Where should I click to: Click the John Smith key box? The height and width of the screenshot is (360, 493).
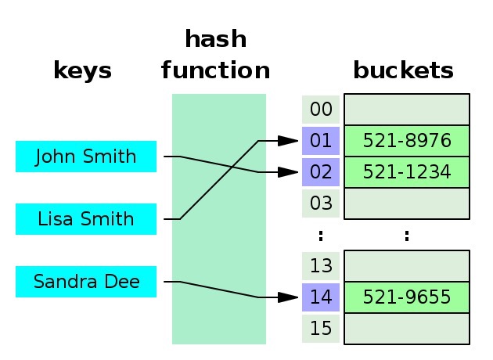(x=86, y=157)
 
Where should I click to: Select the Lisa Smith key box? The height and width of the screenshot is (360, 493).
(x=86, y=219)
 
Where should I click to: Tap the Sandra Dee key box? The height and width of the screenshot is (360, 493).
(x=86, y=282)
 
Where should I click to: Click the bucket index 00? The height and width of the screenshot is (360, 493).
(x=321, y=110)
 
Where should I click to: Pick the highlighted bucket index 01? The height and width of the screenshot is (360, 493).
(x=321, y=141)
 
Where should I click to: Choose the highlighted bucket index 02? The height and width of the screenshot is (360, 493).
(x=321, y=172)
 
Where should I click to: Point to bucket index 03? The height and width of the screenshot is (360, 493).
(x=321, y=203)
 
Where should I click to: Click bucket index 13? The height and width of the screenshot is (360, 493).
(x=321, y=266)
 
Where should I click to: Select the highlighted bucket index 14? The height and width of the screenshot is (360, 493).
(x=321, y=297)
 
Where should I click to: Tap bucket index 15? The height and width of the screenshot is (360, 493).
(x=321, y=328)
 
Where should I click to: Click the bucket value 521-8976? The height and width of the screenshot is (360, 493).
(x=407, y=141)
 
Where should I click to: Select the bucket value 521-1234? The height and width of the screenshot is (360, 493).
(x=407, y=172)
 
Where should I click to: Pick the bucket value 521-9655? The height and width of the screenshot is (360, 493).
(x=407, y=297)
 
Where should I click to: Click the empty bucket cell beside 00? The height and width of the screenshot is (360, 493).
(x=407, y=110)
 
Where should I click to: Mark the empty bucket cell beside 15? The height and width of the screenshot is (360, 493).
(x=407, y=328)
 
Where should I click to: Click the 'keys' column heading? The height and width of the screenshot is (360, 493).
(x=82, y=71)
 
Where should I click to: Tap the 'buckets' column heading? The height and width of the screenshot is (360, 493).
(x=403, y=71)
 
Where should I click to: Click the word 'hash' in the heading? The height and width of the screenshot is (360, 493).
(x=215, y=39)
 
